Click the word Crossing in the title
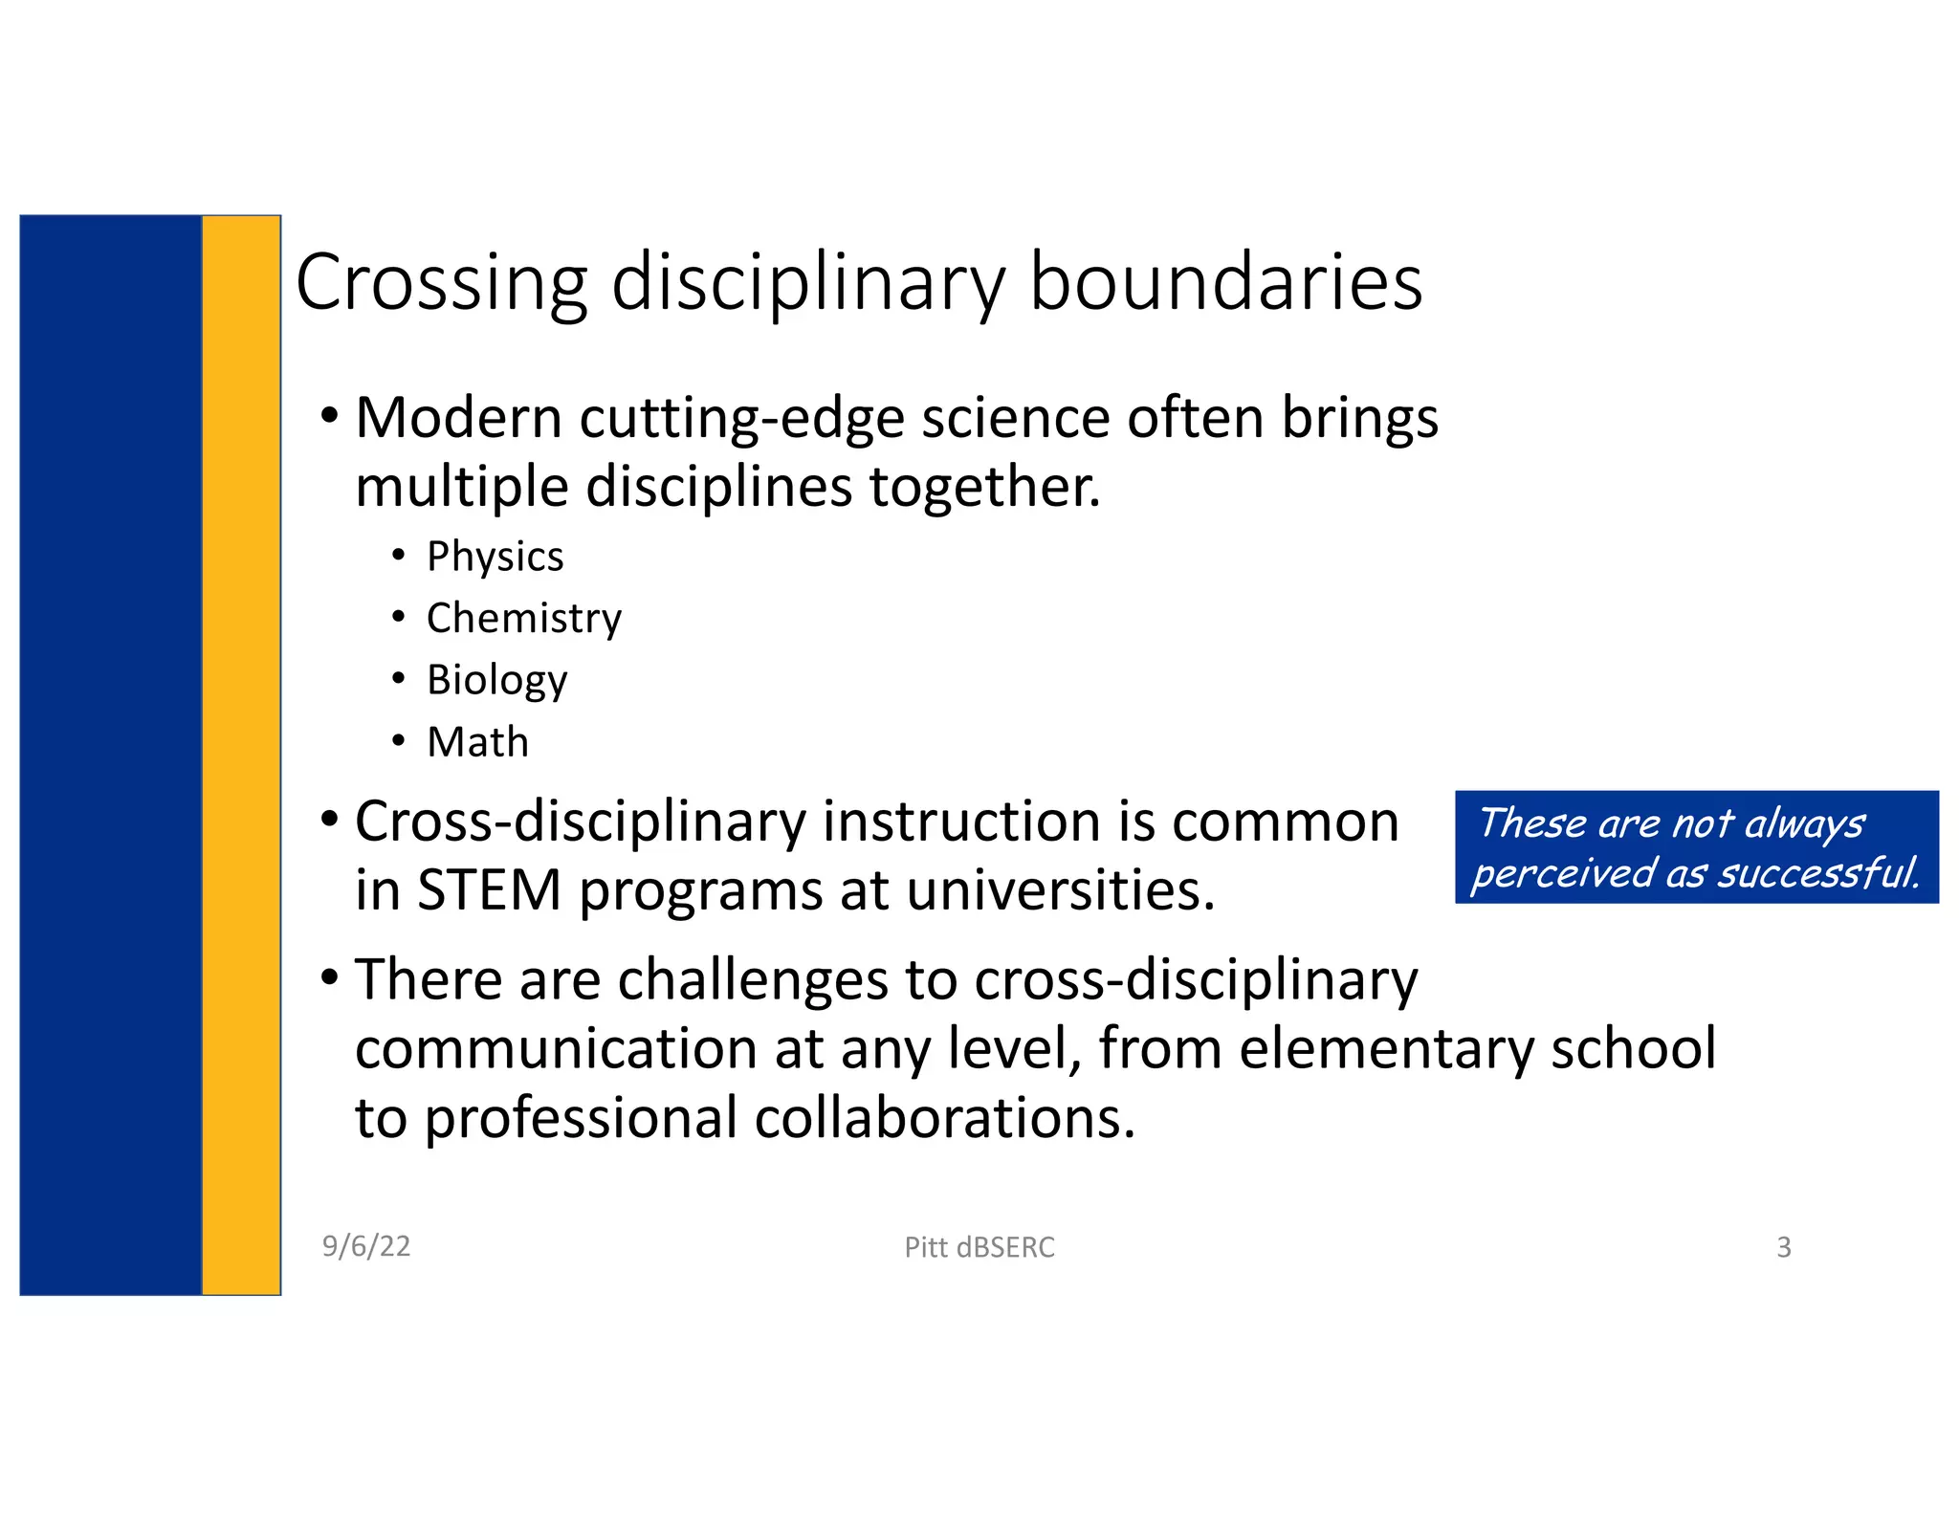pyautogui.click(x=441, y=283)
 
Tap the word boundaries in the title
pyautogui.click(x=1225, y=283)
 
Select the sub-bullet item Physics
pyautogui.click(x=495, y=557)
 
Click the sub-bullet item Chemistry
pyautogui.click(x=523, y=619)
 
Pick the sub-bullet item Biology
pyautogui.click(x=496, y=681)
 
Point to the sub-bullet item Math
pyautogui.click(x=477, y=742)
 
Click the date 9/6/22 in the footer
pyautogui.click(x=366, y=1246)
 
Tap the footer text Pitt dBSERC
pyautogui.click(x=979, y=1247)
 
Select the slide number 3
pyautogui.click(x=1783, y=1247)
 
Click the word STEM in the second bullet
pyautogui.click(x=489, y=890)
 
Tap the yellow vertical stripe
pyautogui.click(x=241, y=755)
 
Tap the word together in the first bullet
pyautogui.click(x=984, y=487)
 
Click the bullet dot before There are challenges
pyautogui.click(x=330, y=978)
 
